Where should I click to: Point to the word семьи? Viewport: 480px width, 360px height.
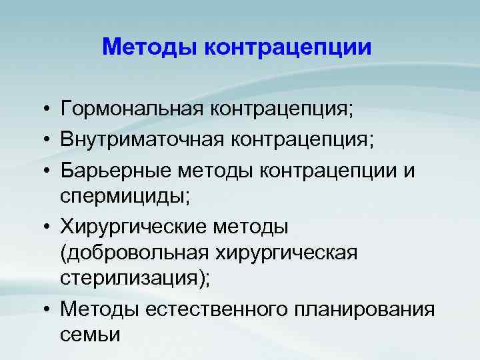coord(89,333)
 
